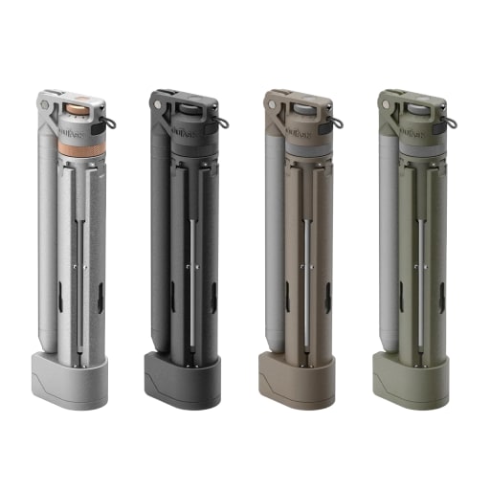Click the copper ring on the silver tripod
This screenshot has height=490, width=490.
click(83, 148)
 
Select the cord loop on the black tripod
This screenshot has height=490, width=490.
click(224, 122)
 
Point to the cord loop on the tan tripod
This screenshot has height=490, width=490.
click(336, 122)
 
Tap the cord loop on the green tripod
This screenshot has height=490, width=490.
click(448, 122)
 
